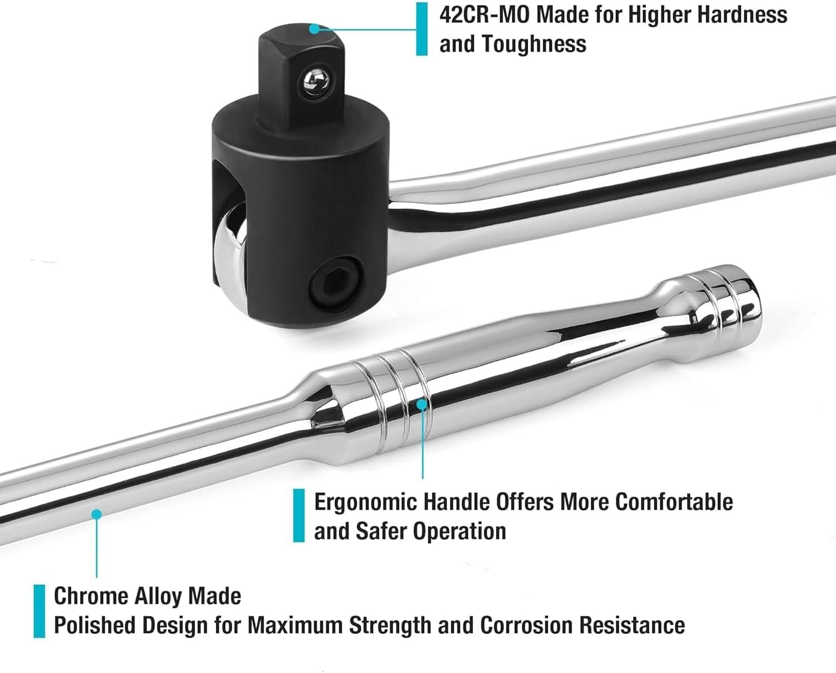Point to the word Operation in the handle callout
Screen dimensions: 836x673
(459, 531)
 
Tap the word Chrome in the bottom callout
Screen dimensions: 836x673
(90, 596)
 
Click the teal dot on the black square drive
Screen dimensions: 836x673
(314, 29)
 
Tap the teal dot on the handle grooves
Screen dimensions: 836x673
(422, 404)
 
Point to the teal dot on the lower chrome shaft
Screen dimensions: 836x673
(96, 514)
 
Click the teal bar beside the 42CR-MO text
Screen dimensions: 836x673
(421, 29)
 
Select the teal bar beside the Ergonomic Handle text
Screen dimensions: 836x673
(299, 516)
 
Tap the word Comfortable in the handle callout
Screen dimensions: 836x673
(674, 502)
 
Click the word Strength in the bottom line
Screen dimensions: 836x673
(391, 626)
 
